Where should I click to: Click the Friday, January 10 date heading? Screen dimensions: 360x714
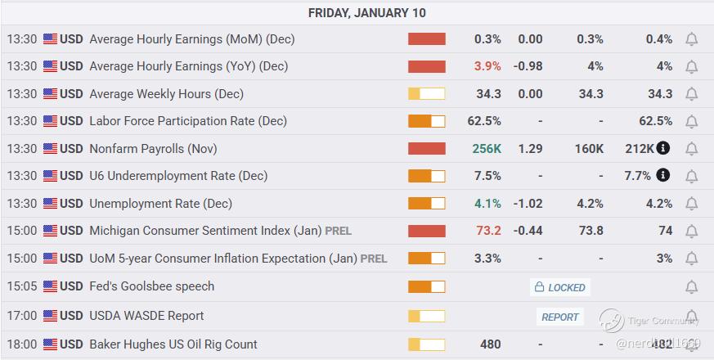point(366,13)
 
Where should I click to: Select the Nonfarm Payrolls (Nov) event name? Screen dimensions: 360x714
point(153,149)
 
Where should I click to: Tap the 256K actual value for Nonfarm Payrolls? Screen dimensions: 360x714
point(487,149)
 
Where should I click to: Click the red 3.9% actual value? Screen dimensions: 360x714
point(487,66)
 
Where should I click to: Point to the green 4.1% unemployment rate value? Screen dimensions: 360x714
point(487,204)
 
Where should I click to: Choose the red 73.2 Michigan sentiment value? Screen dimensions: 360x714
point(488,231)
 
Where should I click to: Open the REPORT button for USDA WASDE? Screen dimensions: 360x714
point(560,317)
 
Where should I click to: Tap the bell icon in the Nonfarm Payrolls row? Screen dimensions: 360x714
point(691,149)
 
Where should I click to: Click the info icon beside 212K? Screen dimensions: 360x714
point(663,148)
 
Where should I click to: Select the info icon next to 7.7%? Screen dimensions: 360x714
point(663,175)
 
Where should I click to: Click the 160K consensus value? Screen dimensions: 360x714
point(589,149)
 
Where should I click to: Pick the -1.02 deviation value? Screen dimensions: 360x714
point(528,204)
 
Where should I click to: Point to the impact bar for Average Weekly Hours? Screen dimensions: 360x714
point(426,94)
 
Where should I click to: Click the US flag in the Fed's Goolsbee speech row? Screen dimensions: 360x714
point(50,286)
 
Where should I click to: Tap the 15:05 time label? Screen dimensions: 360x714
point(22,286)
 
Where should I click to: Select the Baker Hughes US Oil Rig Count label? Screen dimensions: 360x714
point(173,344)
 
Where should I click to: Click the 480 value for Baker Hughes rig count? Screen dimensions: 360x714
point(490,344)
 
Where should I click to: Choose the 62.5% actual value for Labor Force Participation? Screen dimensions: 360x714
point(484,121)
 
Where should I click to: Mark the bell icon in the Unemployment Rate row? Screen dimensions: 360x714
point(691,204)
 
